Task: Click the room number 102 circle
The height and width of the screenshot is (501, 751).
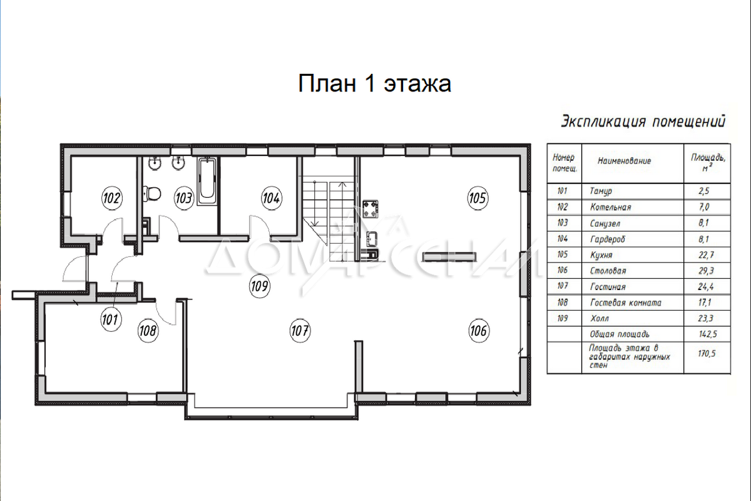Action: pos(111,198)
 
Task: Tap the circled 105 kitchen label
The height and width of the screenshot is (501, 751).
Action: pos(478,198)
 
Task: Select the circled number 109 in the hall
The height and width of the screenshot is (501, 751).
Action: pos(260,286)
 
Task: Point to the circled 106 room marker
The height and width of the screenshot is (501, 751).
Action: pos(478,331)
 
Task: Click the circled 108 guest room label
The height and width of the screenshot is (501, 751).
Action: pos(148,331)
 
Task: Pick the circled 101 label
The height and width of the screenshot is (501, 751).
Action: pos(111,319)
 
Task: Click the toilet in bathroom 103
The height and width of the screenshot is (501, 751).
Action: pos(152,194)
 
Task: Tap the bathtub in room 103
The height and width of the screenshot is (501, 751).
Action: pos(207,182)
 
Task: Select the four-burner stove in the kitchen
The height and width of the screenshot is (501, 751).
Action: pos(370,209)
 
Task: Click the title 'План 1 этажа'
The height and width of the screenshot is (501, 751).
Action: pos(374,83)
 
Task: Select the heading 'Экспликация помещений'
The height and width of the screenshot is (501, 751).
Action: pos(643,121)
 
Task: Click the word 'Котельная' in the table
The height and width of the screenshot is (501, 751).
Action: pos(611,207)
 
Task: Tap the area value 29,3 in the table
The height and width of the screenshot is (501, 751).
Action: pos(706,271)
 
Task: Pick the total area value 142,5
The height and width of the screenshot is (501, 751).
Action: pos(706,334)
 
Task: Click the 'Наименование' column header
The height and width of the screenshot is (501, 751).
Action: pos(625,161)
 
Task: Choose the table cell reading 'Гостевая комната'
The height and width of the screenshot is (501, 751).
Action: pos(626,302)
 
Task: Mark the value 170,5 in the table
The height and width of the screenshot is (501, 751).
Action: pos(706,353)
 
